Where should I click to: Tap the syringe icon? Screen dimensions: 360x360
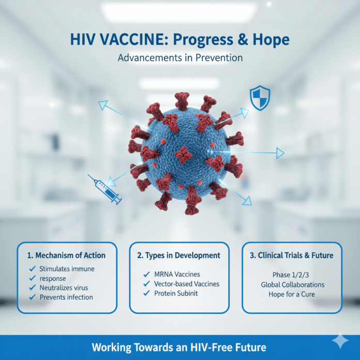click(x=106, y=189)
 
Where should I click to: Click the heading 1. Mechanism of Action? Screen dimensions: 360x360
click(x=67, y=255)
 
